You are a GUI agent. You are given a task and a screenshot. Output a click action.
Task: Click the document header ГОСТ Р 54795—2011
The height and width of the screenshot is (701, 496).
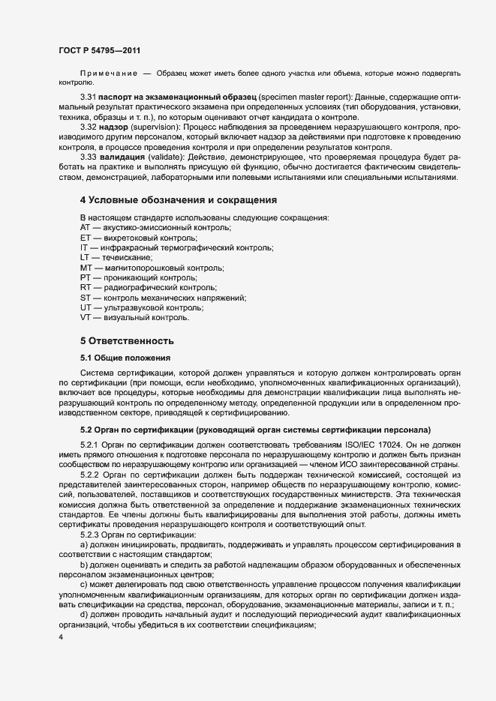(99, 49)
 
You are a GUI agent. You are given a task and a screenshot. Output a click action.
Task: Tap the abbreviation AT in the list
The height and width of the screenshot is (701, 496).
(86, 227)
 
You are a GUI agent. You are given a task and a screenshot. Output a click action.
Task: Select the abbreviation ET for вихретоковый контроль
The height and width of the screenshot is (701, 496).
(86, 238)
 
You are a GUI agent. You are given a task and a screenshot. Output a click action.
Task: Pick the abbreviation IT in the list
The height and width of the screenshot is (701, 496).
(84, 247)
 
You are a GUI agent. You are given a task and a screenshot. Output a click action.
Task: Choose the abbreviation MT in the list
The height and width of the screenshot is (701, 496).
(86, 268)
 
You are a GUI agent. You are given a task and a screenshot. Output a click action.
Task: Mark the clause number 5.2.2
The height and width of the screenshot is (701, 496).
(92, 475)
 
